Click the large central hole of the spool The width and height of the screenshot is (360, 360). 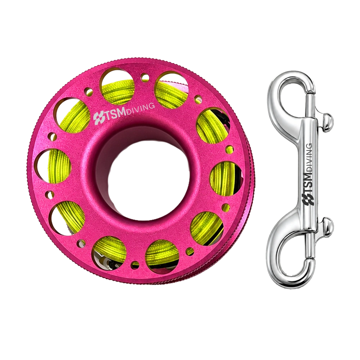[x=147, y=175]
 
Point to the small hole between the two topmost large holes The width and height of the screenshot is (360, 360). [x=144, y=77]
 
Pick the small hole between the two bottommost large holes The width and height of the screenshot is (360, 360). [x=134, y=265]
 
